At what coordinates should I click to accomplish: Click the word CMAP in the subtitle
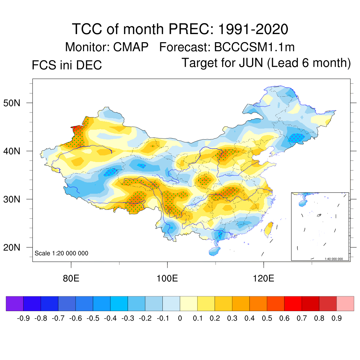coord(131,47)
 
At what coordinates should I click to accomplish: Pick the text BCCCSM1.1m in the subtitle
coord(259,47)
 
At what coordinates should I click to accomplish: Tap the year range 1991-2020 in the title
coord(253,29)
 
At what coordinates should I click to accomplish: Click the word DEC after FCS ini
coord(90,65)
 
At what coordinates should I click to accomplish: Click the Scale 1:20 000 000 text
coord(62,253)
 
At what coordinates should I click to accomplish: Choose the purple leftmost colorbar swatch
coord(14,303)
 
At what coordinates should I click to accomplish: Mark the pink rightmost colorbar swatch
coord(345,303)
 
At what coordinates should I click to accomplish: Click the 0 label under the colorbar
coord(180,319)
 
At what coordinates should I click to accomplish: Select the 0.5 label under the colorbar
coord(267,319)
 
